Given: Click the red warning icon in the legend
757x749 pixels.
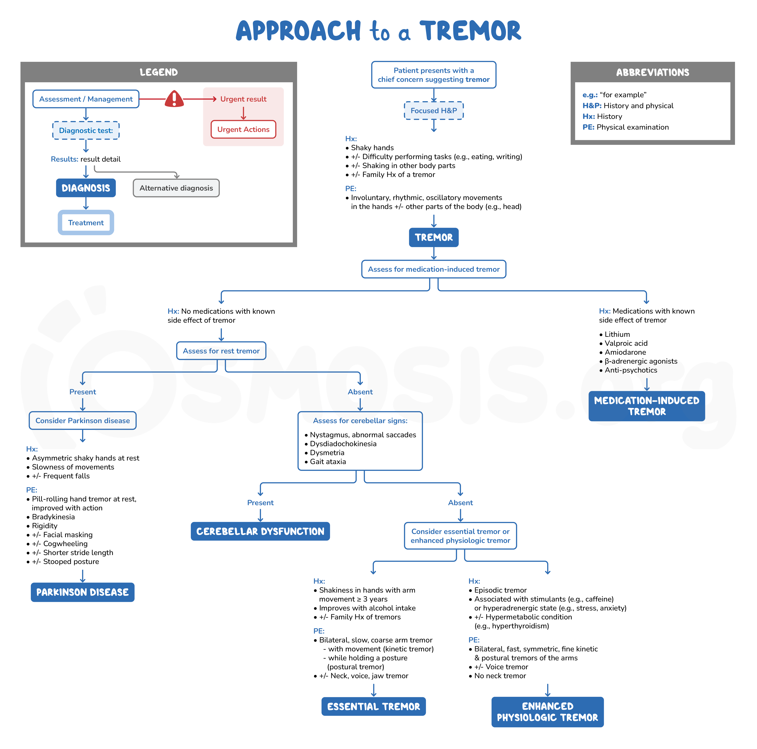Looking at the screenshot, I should tap(174, 99).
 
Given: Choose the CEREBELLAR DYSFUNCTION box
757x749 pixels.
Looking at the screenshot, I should tap(260, 531).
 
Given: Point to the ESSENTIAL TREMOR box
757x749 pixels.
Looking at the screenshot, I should tap(373, 706).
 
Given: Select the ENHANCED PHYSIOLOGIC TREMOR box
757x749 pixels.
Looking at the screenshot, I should tap(547, 712).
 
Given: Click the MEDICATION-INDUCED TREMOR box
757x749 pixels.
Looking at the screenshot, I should tap(646, 406).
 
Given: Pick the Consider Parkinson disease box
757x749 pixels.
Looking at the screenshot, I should tap(83, 420).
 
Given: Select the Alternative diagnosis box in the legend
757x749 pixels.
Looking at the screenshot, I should tap(176, 188).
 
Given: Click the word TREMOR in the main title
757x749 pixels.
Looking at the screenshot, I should tap(470, 31).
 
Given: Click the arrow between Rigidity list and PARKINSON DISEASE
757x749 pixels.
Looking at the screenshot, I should tap(83, 576).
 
